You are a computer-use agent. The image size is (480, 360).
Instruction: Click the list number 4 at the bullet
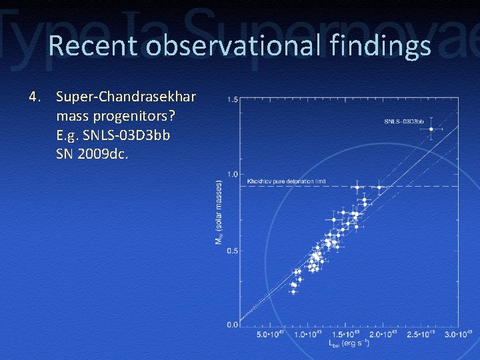34,97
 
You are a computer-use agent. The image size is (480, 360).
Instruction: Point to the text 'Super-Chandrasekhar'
126,97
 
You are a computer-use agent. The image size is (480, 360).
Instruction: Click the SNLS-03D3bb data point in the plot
431,129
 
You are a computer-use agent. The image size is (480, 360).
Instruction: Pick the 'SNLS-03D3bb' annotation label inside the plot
404,121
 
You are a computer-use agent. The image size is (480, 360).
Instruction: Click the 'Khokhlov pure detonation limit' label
286,181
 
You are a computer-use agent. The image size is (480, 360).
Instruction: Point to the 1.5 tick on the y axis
232,99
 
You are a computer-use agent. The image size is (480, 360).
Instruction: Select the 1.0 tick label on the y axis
232,175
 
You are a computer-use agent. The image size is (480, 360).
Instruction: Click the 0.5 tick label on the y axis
232,251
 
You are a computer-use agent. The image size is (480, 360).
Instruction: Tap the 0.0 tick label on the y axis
232,325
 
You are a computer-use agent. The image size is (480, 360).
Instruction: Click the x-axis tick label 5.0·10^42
271,334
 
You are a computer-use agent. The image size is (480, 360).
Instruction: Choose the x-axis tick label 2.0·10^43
383,334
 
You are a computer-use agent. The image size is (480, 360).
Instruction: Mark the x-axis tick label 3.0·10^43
458,334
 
